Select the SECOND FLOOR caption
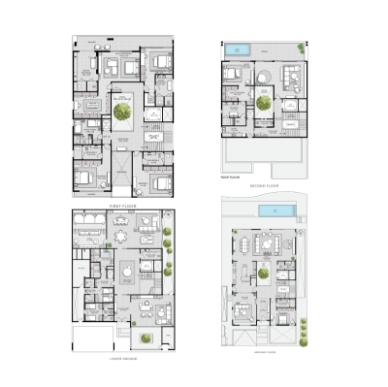264,185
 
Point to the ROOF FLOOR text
231,178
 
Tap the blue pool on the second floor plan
239,47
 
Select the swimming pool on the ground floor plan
279,210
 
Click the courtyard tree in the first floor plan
122,113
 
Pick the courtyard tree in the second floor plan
263,100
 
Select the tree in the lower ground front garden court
146,338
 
